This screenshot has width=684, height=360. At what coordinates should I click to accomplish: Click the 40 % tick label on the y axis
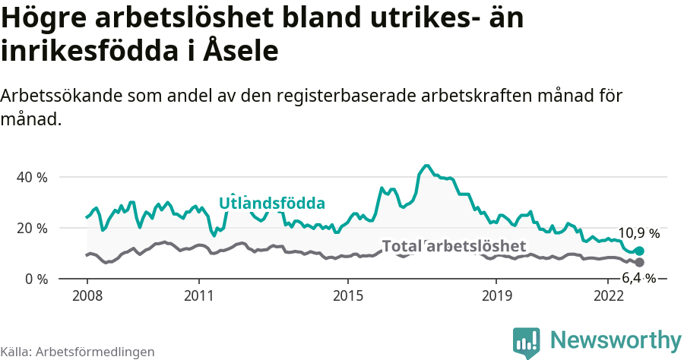(x=33, y=177)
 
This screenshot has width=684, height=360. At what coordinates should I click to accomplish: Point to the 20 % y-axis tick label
(x=33, y=228)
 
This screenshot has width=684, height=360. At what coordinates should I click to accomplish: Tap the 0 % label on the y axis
(x=36, y=279)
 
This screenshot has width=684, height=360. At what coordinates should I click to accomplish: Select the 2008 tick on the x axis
(x=87, y=295)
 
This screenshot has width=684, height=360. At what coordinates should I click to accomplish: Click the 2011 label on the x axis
(x=198, y=295)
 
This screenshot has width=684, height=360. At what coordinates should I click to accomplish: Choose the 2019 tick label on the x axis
(x=496, y=295)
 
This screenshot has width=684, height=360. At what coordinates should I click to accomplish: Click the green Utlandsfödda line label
(x=272, y=204)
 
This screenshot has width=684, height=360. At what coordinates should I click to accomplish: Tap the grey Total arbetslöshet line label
(x=454, y=246)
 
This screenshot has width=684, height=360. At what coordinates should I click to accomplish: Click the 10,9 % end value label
(x=638, y=233)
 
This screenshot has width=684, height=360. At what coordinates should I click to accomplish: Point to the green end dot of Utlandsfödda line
(x=640, y=251)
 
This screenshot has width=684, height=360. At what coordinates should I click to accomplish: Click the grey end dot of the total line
(x=640, y=262)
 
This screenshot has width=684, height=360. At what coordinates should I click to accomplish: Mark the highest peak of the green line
(x=426, y=165)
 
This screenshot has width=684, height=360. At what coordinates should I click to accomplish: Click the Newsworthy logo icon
(x=527, y=342)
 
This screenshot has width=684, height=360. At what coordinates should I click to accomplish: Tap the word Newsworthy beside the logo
(x=615, y=339)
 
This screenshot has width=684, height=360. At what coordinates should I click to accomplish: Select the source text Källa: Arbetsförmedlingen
(x=78, y=352)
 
